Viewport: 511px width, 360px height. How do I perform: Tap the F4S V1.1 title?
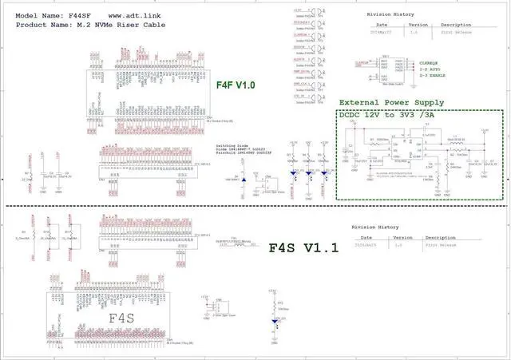[x=303, y=248]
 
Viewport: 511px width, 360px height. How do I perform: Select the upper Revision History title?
[x=390, y=15]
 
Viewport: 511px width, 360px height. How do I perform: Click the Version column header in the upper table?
[x=418, y=25]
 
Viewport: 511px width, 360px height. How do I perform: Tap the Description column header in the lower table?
[x=446, y=237]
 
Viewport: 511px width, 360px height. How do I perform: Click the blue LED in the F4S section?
[x=276, y=319]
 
